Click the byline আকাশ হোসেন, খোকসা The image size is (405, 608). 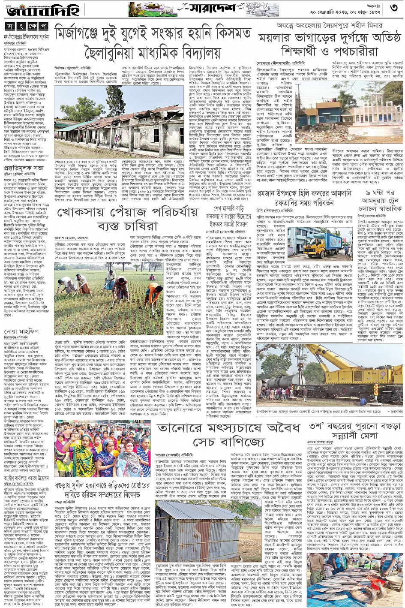(71, 237)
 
